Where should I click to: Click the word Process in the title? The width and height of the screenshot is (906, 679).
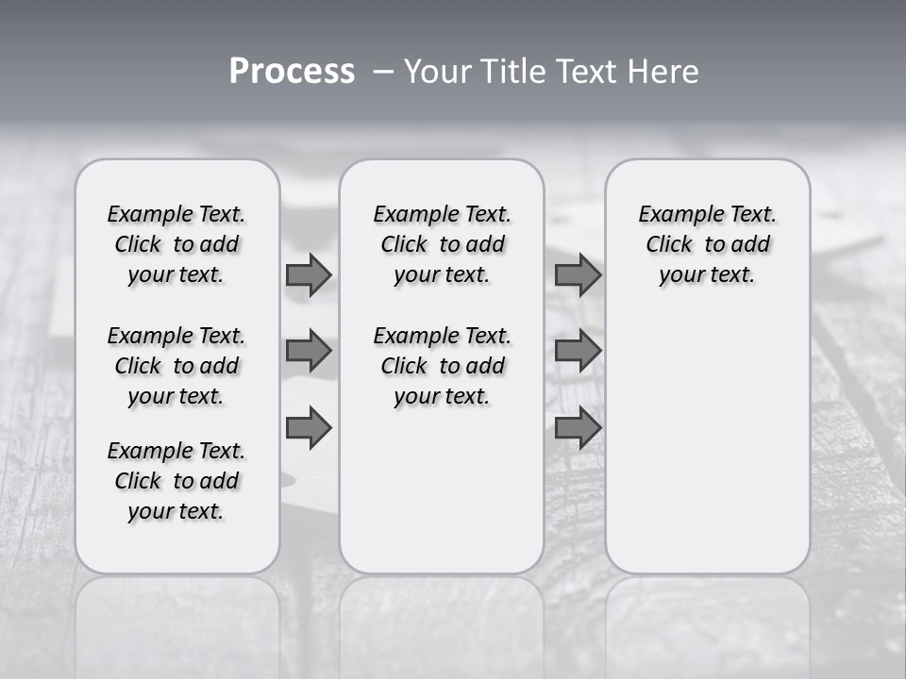click(x=292, y=72)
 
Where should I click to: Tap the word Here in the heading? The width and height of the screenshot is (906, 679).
click(x=661, y=72)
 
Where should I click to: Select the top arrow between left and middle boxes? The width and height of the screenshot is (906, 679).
click(x=308, y=274)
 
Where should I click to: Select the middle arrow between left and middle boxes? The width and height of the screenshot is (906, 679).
click(x=308, y=351)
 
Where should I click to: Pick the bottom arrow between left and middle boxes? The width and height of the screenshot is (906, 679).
click(x=308, y=428)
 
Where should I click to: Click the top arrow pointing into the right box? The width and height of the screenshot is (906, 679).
click(x=578, y=274)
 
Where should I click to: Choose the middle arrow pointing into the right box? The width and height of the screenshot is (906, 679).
click(x=578, y=351)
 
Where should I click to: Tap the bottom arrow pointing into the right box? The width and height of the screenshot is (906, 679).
click(x=578, y=428)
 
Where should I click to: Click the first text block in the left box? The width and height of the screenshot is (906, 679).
click(x=176, y=244)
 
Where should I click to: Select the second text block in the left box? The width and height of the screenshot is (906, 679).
click(x=176, y=366)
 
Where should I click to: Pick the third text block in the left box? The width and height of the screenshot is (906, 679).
click(x=176, y=481)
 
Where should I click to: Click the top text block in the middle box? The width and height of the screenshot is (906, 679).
click(x=442, y=244)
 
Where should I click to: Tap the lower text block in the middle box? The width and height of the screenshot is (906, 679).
click(x=442, y=366)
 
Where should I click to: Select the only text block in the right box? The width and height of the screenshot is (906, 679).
click(x=707, y=244)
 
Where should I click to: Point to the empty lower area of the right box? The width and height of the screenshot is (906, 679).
click(x=707, y=443)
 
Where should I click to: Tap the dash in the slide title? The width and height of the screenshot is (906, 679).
click(x=384, y=72)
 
